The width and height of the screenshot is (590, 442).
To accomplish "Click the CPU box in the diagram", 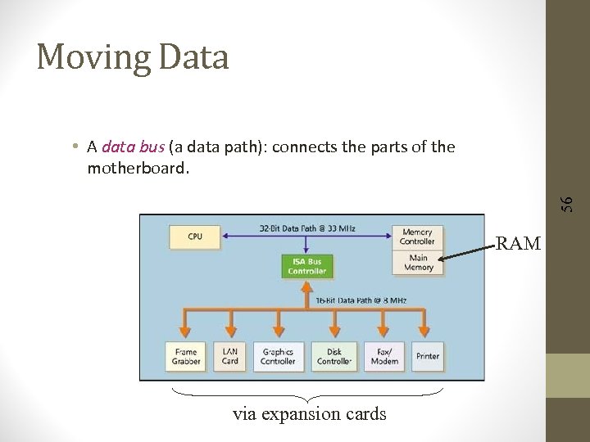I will click(x=195, y=237).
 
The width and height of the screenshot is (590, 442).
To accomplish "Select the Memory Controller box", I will click(x=417, y=237).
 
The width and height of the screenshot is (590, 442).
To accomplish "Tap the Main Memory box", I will click(x=418, y=263).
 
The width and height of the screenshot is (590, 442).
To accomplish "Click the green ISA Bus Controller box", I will click(x=306, y=266).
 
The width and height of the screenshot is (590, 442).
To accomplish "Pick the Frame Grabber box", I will click(x=186, y=356).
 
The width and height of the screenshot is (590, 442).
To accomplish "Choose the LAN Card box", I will click(x=230, y=356).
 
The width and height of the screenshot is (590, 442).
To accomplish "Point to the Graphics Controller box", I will click(x=278, y=356).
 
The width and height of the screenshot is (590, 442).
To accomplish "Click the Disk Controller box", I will click(x=334, y=356).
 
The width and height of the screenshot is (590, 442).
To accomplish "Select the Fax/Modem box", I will click(x=383, y=356).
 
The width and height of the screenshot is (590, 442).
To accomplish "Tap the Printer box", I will click(x=427, y=356).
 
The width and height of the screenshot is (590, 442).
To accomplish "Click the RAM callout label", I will click(x=518, y=243).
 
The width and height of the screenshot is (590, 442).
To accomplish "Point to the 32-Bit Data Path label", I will click(x=307, y=227).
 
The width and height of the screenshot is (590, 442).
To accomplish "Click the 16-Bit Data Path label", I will click(x=361, y=300).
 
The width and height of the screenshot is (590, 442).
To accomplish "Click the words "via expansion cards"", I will click(x=309, y=413).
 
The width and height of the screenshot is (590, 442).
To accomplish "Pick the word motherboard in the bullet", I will click(x=136, y=168).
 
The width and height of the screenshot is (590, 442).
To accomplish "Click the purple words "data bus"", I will click(x=134, y=147).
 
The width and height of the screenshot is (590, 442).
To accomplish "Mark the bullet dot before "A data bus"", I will click(x=75, y=147).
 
